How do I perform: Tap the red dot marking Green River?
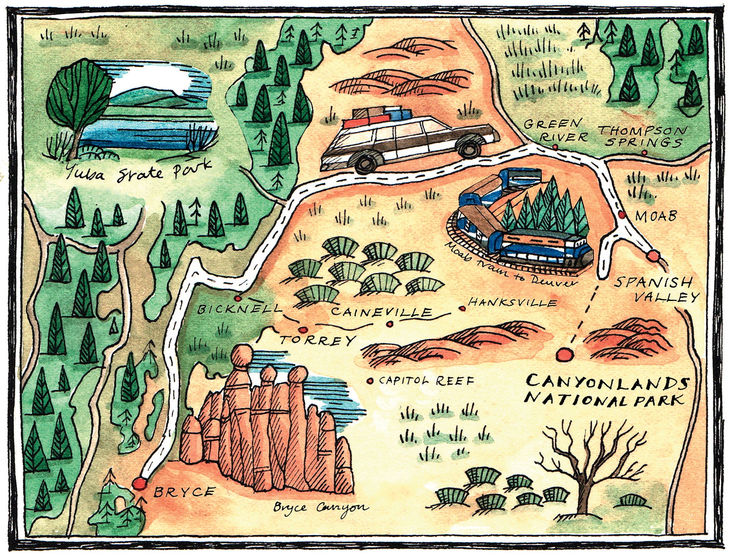[x=555, y=147]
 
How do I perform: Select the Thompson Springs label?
[x=643, y=136]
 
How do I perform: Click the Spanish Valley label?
[x=656, y=290]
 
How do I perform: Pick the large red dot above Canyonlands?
[x=564, y=355]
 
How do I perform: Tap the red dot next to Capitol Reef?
[x=370, y=381]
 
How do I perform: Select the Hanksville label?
[x=512, y=303]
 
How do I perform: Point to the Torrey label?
[x=318, y=340]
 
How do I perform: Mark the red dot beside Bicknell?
[x=238, y=298]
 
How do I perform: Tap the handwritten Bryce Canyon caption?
[x=320, y=507]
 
